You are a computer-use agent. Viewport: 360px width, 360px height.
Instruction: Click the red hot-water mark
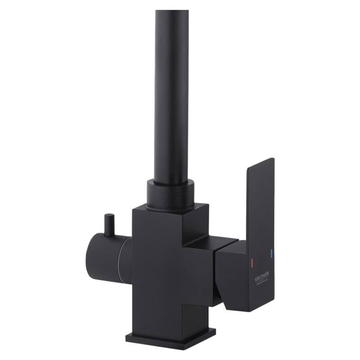[252, 261]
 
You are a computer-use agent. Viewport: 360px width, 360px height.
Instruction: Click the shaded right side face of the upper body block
[200, 225]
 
